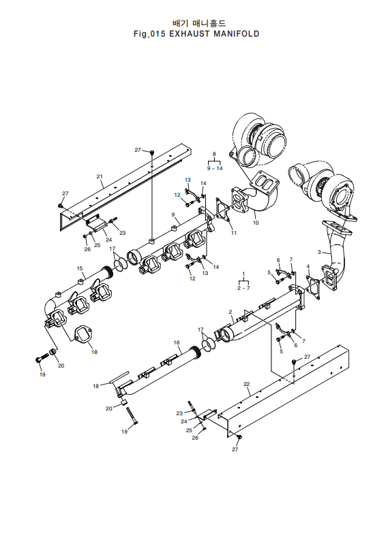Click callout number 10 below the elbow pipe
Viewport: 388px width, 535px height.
coord(256,223)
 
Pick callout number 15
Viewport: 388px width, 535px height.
coord(79,268)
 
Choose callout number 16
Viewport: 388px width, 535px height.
coord(176,342)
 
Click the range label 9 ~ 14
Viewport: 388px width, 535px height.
coord(215,168)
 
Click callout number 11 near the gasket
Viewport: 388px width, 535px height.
coord(233,233)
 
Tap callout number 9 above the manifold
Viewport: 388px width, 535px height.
coord(173,214)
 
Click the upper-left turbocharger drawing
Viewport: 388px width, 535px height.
coord(256,140)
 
